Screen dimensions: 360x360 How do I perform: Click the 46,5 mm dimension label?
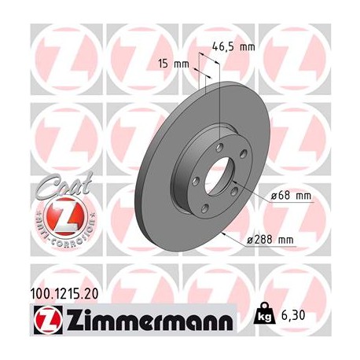tap(235, 47)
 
